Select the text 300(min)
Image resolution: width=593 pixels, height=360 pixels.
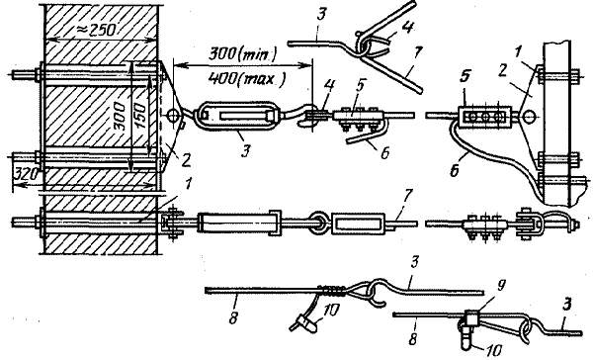[243, 54]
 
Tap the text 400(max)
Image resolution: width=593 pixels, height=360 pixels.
[246, 78]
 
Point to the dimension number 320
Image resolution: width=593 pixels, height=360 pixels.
[26, 174]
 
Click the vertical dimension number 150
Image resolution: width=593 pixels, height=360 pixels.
[139, 116]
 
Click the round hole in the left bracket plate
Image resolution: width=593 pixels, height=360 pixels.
[172, 115]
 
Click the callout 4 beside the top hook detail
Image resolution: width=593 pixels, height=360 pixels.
[408, 28]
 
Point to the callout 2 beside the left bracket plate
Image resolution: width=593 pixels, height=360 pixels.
[186, 160]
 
